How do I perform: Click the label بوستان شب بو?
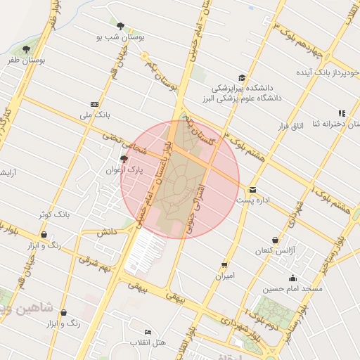(x=120, y=37)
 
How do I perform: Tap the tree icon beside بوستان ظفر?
(x=27, y=49)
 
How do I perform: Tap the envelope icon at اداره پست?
(x=252, y=189)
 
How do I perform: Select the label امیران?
(x=224, y=276)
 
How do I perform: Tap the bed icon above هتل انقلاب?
(x=148, y=332)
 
